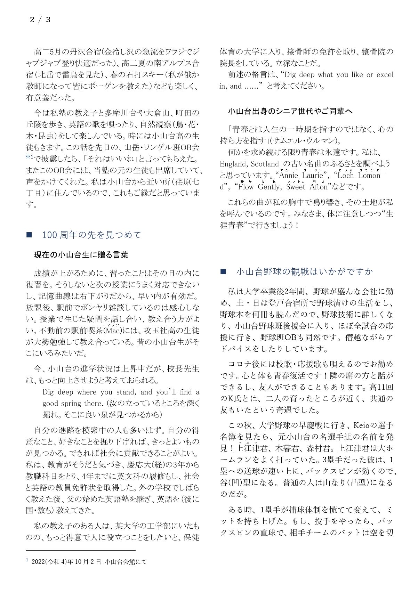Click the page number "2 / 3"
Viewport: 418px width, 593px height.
click(40, 20)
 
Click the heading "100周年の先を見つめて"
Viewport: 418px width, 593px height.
click(91, 235)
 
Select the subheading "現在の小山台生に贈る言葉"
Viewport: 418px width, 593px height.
click(81, 255)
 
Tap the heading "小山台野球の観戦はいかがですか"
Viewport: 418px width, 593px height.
click(304, 271)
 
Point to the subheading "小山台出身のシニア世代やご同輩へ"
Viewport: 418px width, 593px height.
click(290, 111)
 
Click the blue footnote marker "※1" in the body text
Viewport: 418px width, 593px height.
click(29, 157)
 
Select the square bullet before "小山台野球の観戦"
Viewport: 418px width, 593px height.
click(223, 272)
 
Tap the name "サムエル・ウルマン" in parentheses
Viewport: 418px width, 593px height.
click(305, 141)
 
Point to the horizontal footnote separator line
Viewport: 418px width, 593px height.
click(81, 550)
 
